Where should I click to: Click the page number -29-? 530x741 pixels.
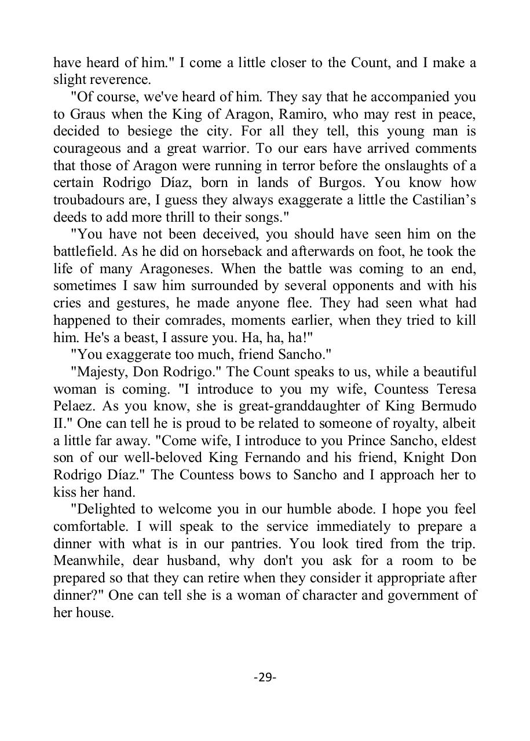265,676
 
